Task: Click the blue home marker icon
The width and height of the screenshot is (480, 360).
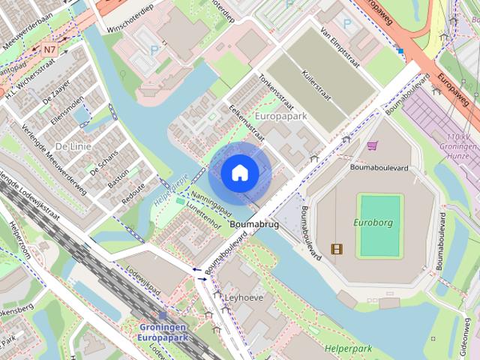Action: (239, 173)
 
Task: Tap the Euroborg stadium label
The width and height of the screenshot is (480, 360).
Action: (373, 222)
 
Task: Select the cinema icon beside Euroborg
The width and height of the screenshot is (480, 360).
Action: (337, 248)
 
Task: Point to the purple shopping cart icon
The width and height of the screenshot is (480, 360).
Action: (372, 145)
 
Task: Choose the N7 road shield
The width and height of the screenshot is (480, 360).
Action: (49, 50)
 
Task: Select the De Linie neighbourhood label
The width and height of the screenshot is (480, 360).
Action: (73, 146)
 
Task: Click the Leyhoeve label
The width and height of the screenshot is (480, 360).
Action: (245, 297)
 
